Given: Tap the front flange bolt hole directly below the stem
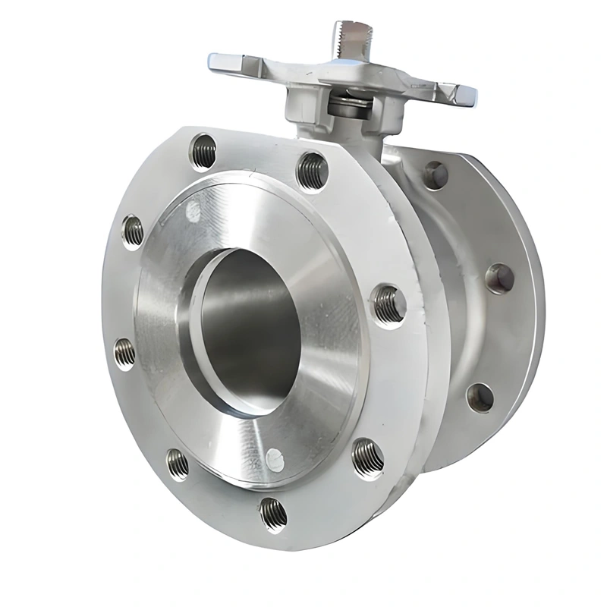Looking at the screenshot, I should (x=312, y=170).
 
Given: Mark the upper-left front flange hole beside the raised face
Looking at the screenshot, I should (x=133, y=231).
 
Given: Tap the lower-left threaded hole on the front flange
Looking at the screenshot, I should (x=177, y=462).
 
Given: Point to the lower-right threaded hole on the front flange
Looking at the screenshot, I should (x=367, y=454).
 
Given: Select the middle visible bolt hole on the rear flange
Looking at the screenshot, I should (x=498, y=278).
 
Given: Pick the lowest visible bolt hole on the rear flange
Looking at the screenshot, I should (x=479, y=396).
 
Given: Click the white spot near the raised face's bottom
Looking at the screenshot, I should (x=274, y=458).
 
